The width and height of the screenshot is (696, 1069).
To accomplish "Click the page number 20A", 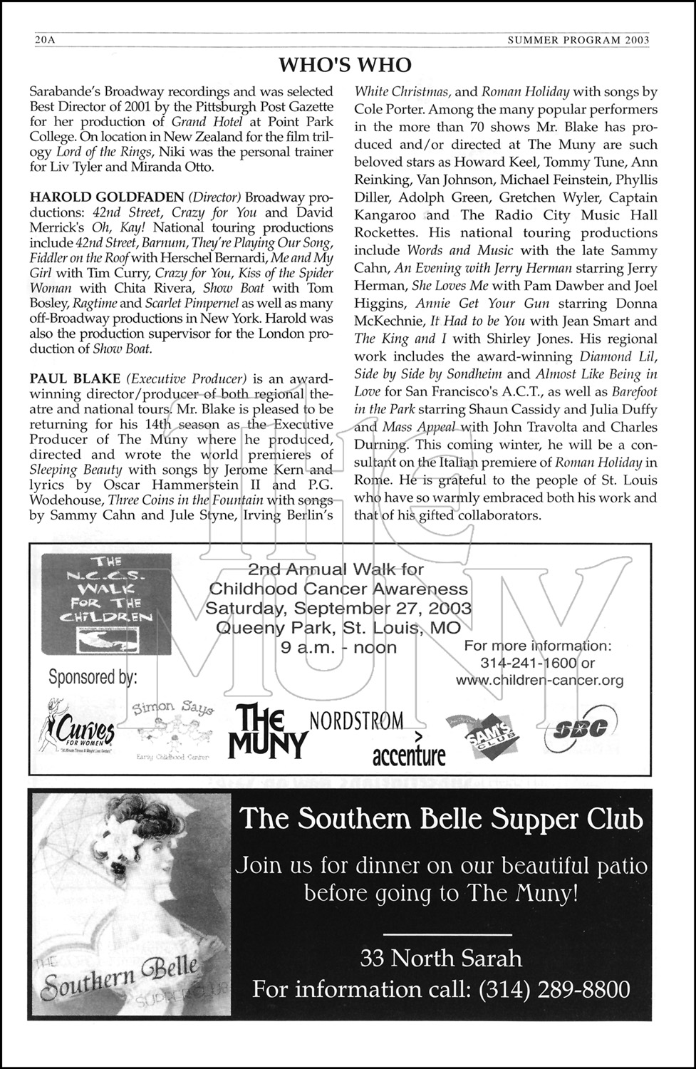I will [x=45, y=41].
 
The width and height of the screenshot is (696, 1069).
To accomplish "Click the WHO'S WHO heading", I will [x=345, y=66].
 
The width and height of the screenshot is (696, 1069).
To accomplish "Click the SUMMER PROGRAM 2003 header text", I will [x=578, y=41].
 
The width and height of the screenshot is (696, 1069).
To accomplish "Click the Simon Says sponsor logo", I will [x=173, y=728].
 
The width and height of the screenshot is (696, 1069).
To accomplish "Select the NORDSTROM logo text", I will [x=356, y=721].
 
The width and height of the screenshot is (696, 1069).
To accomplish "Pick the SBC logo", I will [x=577, y=729].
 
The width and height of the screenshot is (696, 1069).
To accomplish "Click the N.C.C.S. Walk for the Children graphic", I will [x=106, y=604].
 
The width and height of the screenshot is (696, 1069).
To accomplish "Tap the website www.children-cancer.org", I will [x=539, y=680].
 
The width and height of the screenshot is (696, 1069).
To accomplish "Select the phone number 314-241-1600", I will [x=528, y=663].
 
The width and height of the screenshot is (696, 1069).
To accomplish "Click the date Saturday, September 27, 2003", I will [x=338, y=608].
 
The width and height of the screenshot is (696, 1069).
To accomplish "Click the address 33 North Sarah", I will [x=441, y=957].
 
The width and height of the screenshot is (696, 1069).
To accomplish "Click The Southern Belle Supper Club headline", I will [x=441, y=819].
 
